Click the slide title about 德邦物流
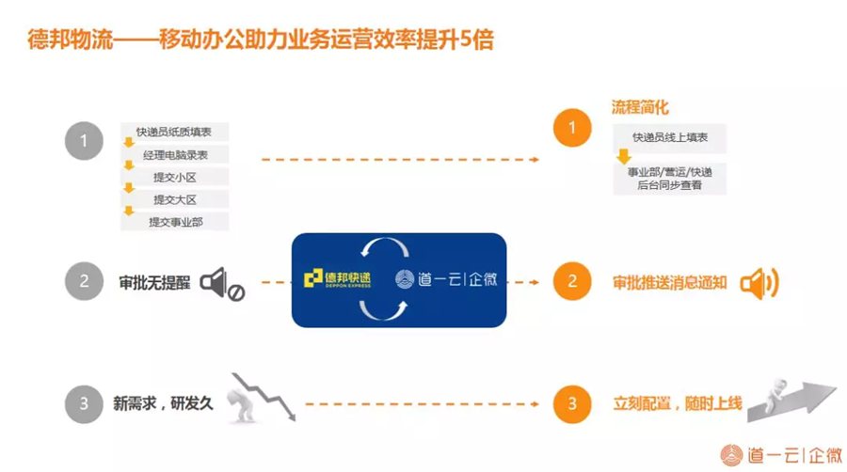(261, 39)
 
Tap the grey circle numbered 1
(84, 141)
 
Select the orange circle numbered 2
(572, 281)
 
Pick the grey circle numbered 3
(84, 403)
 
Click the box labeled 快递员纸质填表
(174, 132)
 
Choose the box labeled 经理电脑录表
(174, 155)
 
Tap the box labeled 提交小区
(174, 177)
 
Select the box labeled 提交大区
(174, 199)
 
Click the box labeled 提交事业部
(174, 222)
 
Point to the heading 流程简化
(640, 107)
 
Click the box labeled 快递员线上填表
(670, 137)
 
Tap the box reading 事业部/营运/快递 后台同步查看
(670, 179)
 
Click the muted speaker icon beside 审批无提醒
(222, 284)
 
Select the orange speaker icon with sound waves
(759, 283)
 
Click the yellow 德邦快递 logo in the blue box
(338, 278)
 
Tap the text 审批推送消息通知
(670, 282)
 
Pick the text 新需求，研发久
(163, 403)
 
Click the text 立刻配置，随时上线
(678, 403)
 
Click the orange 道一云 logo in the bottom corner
(781, 455)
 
